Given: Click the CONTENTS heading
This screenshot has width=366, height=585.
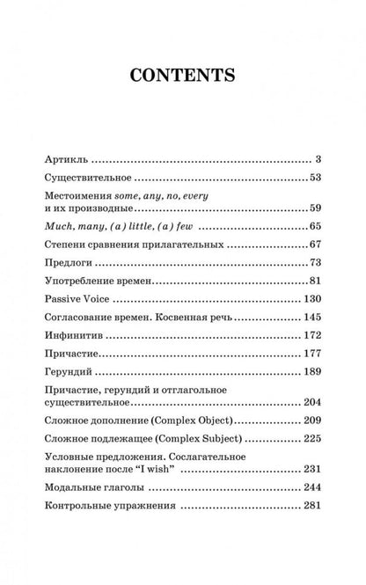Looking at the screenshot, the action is pos(182,74).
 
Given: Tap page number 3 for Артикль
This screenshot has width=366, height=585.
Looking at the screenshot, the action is pos(317,161).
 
